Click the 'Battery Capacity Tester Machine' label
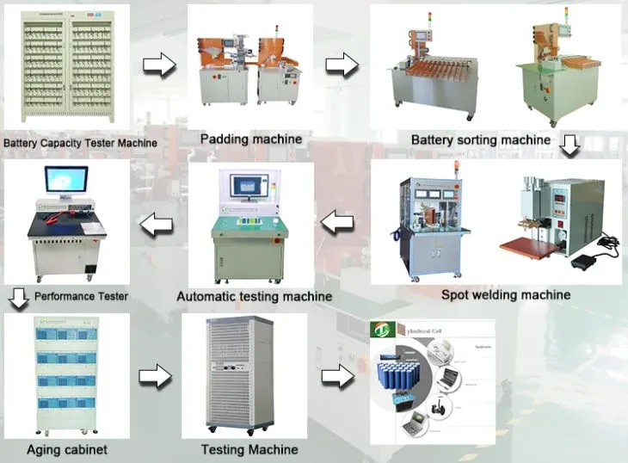[81, 144]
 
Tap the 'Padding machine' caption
[251, 139]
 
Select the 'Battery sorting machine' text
[480, 139]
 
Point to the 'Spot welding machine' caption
[506, 294]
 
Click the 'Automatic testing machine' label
[254, 296]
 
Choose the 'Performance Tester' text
[82, 296]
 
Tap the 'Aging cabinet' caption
[67, 449]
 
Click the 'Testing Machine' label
[249, 449]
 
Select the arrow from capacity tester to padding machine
[158, 65]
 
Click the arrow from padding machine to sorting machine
[342, 64]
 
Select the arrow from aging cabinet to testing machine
[156, 376]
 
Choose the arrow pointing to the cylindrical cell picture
[338, 376]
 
